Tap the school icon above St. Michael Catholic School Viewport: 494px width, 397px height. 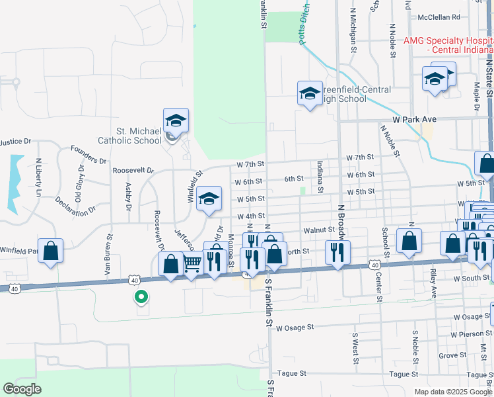pos(176,120)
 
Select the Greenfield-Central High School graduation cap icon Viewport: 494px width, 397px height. pos(309,93)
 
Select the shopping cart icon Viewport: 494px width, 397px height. pos(192,264)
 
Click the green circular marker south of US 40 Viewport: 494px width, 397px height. pos(141,298)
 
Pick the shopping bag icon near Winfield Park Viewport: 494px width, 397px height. pos(51,251)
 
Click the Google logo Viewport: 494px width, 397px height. pos(22,388)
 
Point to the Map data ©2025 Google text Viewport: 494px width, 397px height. pos(452,392)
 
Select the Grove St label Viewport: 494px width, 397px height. pos(453,355)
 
